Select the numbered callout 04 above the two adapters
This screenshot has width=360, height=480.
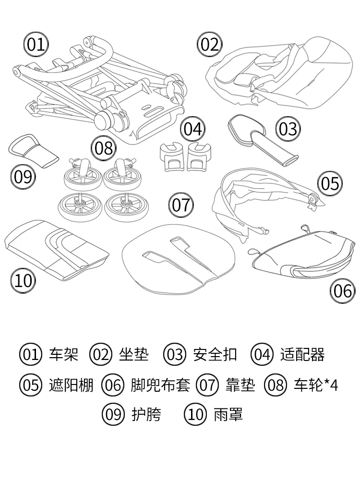coord(192,129)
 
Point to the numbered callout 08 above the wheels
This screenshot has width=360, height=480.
coord(103,148)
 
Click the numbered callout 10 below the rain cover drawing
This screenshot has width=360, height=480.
coord(23,280)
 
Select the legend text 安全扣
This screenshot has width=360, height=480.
coord(215,355)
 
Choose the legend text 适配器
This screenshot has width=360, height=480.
coord(302,355)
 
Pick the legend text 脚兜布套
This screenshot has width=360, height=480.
coord(160,385)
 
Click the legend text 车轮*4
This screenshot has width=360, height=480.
coord(315,385)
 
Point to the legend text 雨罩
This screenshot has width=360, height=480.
coord(228,414)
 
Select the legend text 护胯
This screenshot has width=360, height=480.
coord(146,414)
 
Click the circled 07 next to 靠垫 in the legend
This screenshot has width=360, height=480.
coord(207,385)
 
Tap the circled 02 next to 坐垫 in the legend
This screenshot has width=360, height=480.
coord(101,355)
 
